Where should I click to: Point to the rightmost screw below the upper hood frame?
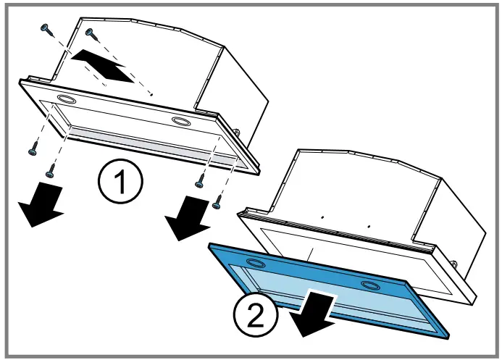coord(217,205)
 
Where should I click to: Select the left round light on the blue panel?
coord(255,263)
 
